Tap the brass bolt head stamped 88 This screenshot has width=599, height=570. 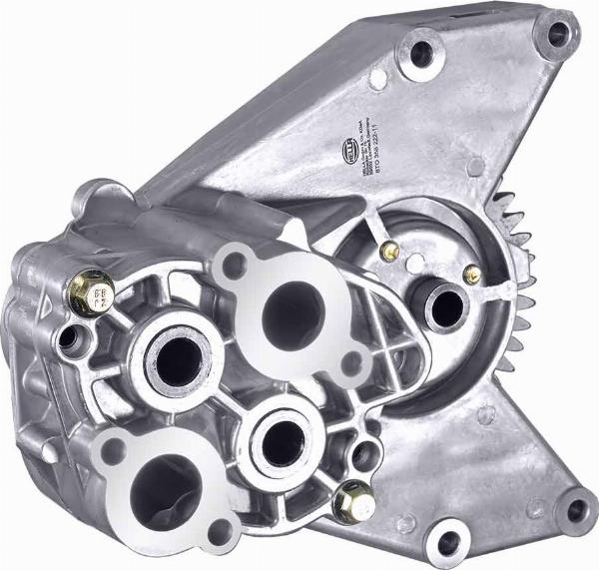(93, 292)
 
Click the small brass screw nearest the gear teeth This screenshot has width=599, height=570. (472, 273)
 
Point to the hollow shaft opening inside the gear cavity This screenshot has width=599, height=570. (443, 308)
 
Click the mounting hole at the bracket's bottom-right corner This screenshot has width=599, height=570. (576, 510)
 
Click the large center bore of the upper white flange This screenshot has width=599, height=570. (291, 313)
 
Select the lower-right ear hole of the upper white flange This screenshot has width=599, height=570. (351, 361)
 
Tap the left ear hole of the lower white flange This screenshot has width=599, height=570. (112, 449)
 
